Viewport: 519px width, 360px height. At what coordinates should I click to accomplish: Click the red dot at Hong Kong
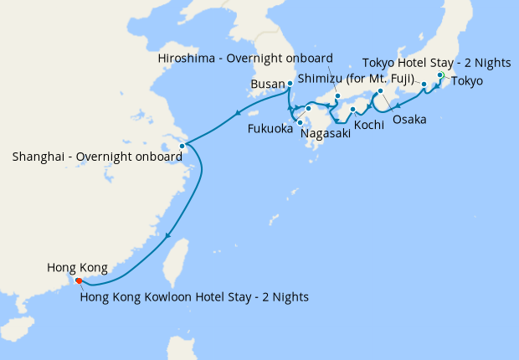pyautogui.click(x=79, y=280)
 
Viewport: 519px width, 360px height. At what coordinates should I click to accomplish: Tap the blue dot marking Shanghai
pyautogui.click(x=182, y=146)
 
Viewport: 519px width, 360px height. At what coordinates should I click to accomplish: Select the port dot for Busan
pyautogui.click(x=290, y=84)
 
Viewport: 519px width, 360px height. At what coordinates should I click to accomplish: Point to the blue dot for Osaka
pyautogui.click(x=380, y=91)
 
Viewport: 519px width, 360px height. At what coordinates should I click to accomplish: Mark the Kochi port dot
pyautogui.click(x=352, y=110)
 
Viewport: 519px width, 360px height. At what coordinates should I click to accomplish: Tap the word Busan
pyautogui.click(x=269, y=85)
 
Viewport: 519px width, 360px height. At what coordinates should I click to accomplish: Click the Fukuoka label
pyautogui.click(x=270, y=130)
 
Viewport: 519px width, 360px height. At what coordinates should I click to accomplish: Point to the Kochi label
pyautogui.click(x=369, y=125)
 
